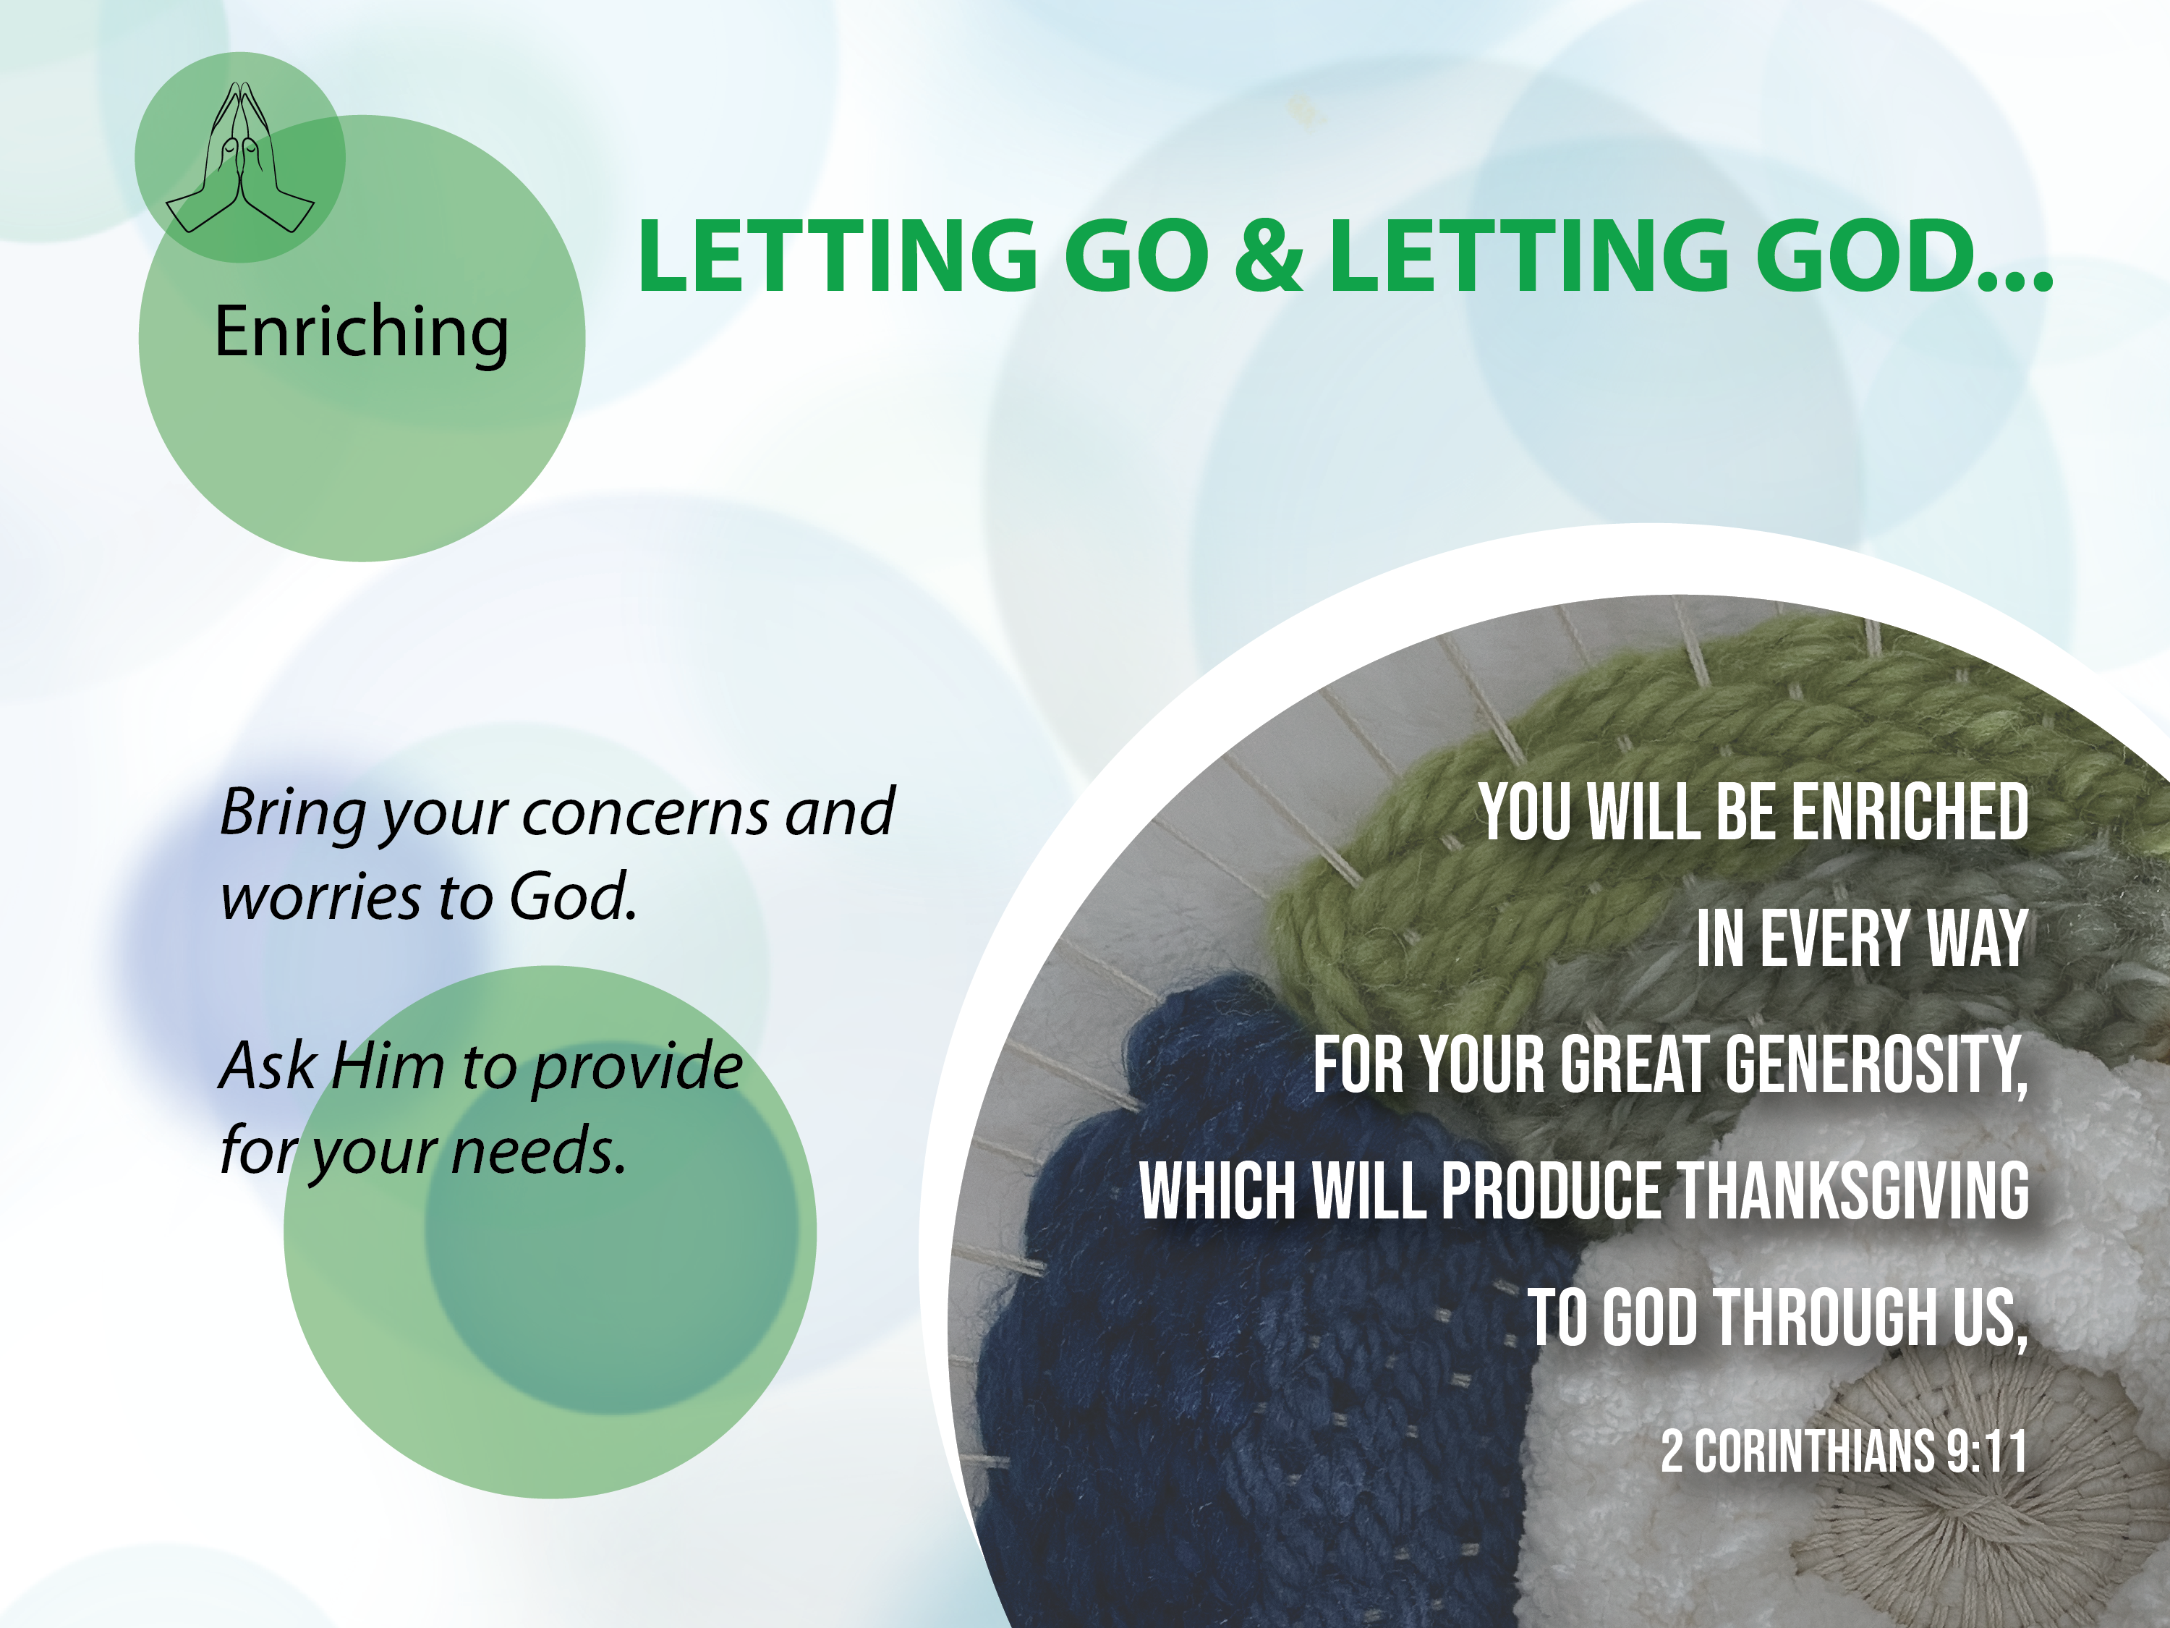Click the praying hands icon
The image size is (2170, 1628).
click(x=240, y=158)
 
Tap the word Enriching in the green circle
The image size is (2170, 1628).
click(x=362, y=333)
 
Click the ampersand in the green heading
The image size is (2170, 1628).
click(x=1269, y=255)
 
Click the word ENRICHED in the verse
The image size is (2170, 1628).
click(x=1909, y=813)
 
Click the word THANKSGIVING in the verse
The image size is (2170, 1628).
click(x=1853, y=1190)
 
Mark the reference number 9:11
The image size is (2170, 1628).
click(x=1986, y=1451)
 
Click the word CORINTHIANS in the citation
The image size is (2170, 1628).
click(x=1815, y=1451)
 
